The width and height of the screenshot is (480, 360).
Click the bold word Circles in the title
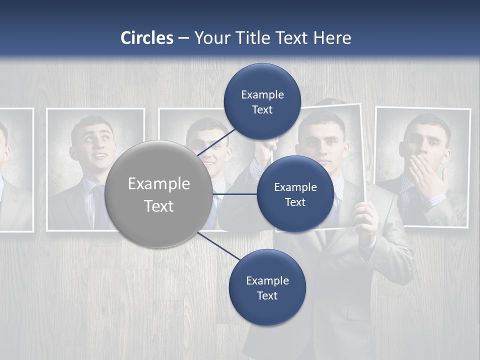click(x=147, y=38)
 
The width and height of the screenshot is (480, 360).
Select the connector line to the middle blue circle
click(x=234, y=194)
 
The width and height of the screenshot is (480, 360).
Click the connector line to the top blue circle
click(x=216, y=142)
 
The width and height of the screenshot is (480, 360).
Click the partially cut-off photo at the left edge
click(x=15, y=170)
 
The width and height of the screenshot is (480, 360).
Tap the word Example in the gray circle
click(x=158, y=183)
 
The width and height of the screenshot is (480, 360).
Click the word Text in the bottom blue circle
click(x=267, y=295)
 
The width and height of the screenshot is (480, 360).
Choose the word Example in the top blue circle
click(x=262, y=94)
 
